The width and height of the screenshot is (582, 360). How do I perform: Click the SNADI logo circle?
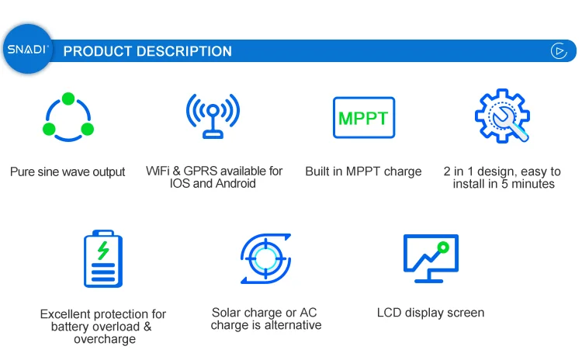click(28, 49)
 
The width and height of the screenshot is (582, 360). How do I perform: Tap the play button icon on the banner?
click(559, 51)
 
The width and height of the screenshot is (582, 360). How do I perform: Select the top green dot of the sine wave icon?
click(68, 99)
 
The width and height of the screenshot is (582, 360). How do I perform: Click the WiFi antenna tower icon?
click(213, 116)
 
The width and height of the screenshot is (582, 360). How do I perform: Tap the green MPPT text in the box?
click(363, 119)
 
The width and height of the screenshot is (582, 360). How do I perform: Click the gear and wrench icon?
click(502, 116)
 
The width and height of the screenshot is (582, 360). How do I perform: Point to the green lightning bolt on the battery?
click(103, 250)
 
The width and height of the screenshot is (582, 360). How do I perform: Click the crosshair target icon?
click(265, 258)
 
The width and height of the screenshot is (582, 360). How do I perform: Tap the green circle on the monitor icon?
click(443, 247)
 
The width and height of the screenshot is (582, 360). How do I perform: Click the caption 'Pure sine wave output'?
click(68, 171)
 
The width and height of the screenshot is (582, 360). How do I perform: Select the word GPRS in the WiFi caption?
click(200, 171)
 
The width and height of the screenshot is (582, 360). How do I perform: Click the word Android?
click(235, 183)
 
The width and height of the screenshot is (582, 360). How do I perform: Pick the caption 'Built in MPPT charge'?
click(363, 171)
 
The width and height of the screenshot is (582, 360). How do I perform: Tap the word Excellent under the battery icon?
click(70, 314)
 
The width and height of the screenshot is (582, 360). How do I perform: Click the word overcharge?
click(105, 339)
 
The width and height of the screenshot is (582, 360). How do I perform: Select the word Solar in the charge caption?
click(227, 313)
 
